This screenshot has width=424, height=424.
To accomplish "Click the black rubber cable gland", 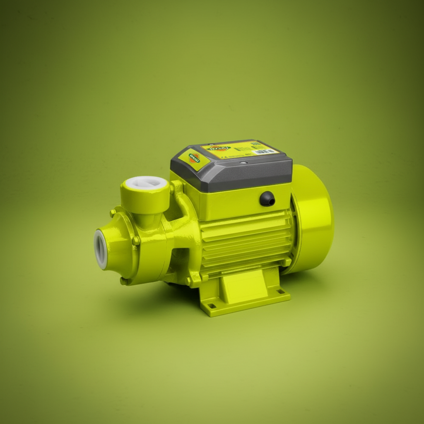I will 267,199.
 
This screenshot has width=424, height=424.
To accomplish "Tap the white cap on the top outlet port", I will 146,183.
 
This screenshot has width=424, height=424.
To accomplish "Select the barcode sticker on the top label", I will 265,152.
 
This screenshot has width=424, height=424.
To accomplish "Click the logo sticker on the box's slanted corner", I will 194,158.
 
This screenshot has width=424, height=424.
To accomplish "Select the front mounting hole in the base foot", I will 212,306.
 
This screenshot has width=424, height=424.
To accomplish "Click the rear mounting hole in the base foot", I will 282,291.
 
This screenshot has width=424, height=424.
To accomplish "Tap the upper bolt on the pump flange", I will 112,213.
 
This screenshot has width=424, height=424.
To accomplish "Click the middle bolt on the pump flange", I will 135,240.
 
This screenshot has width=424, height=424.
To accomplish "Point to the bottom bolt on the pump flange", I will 123,281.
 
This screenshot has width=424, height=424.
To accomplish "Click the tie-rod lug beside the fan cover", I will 286,262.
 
